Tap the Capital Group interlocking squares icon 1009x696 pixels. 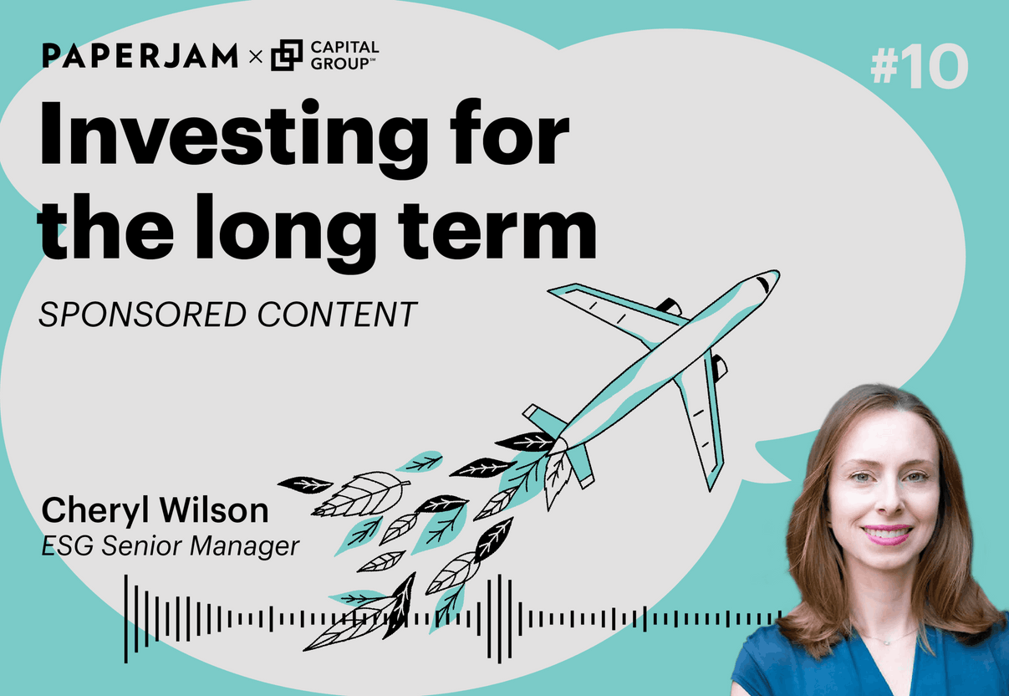click(287, 56)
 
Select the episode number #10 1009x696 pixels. click(919, 67)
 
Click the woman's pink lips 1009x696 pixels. click(886, 533)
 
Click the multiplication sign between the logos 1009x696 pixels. click(255, 58)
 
